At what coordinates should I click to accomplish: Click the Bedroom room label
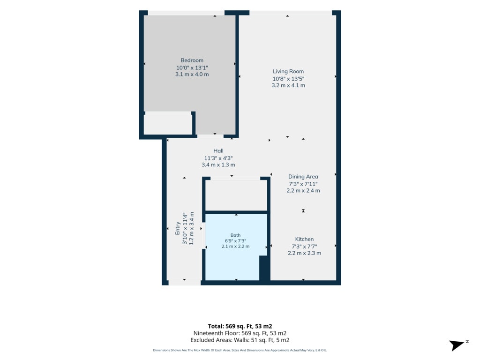[x=192, y=60]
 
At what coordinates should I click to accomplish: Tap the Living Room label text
[x=288, y=71]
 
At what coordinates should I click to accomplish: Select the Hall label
[x=218, y=150]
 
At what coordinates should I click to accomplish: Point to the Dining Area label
[x=303, y=177]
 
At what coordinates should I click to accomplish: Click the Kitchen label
[x=304, y=239]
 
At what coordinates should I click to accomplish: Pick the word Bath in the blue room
[x=235, y=235]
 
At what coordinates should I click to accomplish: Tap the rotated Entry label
[x=178, y=228]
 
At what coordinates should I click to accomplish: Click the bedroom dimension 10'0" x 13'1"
[x=192, y=67]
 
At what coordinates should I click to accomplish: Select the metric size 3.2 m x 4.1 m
[x=288, y=85]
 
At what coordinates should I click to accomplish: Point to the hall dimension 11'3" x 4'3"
[x=218, y=158]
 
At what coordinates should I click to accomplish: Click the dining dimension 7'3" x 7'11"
[x=303, y=184]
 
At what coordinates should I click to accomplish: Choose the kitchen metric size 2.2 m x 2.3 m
[x=304, y=253]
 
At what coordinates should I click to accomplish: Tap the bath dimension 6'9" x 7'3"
[x=235, y=240]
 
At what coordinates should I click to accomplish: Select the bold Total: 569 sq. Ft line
[x=240, y=326]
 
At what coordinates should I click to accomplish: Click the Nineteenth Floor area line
[x=240, y=333]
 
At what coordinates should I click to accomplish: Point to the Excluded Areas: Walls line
[x=240, y=340]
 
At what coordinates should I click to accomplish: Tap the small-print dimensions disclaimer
[x=240, y=350]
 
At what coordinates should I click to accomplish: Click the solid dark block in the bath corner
[x=264, y=268]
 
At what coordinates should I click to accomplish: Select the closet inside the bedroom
[x=168, y=123]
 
